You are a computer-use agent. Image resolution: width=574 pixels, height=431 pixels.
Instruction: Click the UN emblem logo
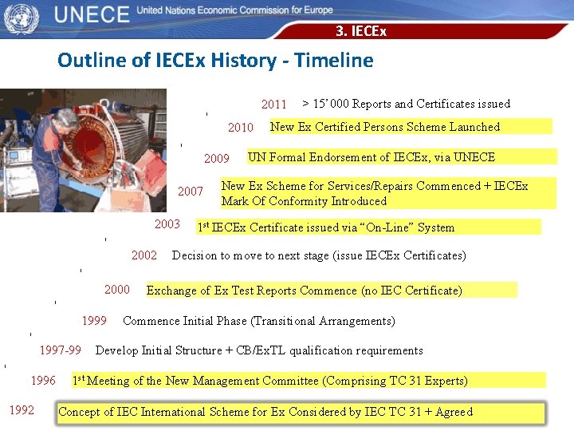point(21,18)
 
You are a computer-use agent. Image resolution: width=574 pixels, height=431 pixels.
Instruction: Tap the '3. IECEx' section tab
point(360,32)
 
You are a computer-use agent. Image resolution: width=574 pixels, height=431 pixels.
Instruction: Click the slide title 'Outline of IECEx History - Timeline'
point(215,61)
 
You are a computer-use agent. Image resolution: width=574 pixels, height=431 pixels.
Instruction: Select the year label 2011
point(273,105)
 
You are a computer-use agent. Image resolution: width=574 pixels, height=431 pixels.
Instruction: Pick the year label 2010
point(240,128)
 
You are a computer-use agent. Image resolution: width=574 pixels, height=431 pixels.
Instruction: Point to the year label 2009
point(216,159)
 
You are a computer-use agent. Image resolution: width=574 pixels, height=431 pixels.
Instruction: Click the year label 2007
point(190,192)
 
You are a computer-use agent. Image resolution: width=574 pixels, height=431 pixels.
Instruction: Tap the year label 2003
point(167,224)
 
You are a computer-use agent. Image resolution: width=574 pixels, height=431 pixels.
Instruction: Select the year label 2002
point(143,255)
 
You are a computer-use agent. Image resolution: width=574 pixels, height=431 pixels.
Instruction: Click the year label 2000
point(116,290)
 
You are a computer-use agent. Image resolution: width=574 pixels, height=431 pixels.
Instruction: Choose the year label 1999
point(94,321)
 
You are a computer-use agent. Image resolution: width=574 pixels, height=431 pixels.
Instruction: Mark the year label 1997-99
point(60,350)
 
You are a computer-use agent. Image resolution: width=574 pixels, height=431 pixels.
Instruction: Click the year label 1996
point(43,380)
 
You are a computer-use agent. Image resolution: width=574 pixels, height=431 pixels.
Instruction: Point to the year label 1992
point(22,410)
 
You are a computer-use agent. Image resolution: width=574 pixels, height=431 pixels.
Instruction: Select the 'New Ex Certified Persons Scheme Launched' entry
point(385,127)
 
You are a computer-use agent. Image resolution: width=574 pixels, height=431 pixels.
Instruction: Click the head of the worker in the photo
point(65,120)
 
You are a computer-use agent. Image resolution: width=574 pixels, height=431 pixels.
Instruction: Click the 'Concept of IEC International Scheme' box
point(301,413)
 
